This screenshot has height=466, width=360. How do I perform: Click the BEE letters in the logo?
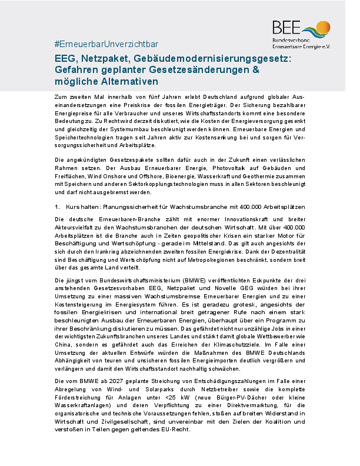[286, 26]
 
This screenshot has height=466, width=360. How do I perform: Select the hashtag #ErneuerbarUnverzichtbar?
[106, 45]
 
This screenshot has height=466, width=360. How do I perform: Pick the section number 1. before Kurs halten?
[57, 207]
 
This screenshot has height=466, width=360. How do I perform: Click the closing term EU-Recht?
[176, 428]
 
